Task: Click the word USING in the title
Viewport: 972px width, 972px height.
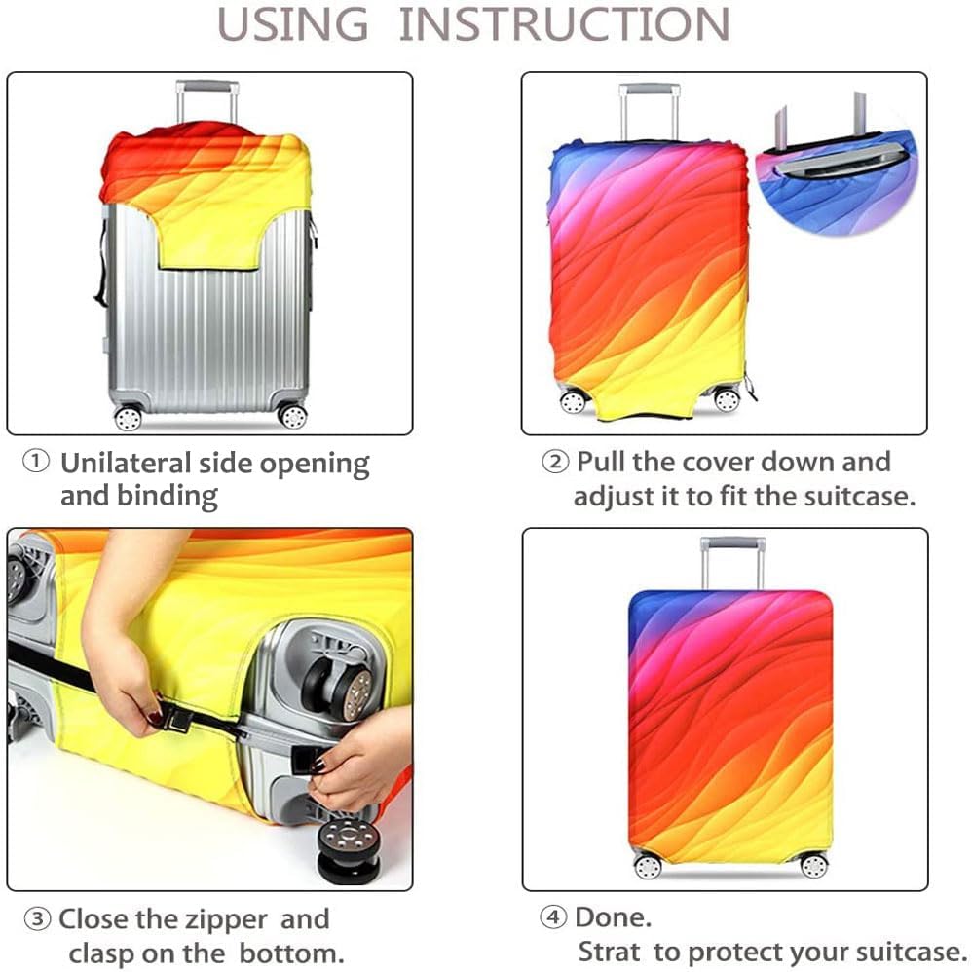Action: (x=292, y=24)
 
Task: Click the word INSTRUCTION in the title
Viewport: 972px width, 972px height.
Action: (x=565, y=24)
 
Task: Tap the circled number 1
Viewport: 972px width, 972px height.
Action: (x=36, y=462)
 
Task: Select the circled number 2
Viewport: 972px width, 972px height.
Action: (x=555, y=462)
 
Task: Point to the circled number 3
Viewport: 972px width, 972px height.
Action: (x=37, y=918)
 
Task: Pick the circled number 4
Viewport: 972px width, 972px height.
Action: (x=553, y=916)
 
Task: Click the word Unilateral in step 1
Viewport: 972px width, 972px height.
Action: (x=126, y=463)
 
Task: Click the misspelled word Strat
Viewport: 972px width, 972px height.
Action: (x=610, y=952)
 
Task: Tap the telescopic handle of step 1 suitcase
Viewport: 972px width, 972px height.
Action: (x=207, y=100)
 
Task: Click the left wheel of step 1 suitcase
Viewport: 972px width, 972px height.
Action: (x=129, y=417)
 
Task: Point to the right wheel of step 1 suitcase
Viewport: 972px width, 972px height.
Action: (x=292, y=415)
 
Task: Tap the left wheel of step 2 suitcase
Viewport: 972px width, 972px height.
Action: (x=573, y=401)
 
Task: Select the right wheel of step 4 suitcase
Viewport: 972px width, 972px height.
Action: (x=814, y=866)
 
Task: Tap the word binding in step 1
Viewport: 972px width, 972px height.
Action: (x=168, y=497)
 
